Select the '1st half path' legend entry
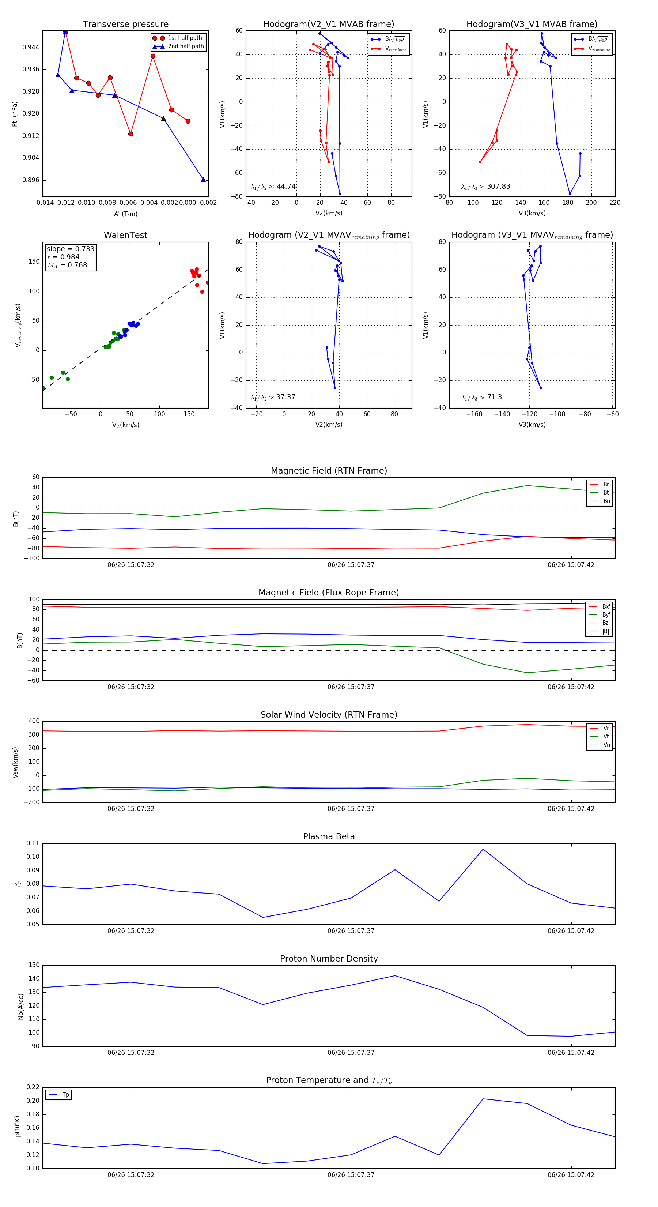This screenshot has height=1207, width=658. tap(185, 38)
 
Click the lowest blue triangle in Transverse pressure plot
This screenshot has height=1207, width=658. tap(203, 180)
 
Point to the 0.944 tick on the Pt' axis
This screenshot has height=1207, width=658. tap(31, 47)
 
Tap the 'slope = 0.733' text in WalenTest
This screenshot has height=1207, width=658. tap(70, 249)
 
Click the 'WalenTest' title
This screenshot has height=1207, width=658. tap(125, 235)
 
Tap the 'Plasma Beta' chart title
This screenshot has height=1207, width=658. tap(329, 836)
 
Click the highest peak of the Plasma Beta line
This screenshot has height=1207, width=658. tap(483, 849)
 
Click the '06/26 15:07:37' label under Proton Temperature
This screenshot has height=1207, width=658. tap(351, 1175)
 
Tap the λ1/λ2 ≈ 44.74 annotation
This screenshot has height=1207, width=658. tap(273, 187)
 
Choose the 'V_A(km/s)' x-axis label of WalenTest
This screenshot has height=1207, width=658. tap(125, 425)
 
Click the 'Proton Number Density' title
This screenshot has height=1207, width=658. tap(329, 958)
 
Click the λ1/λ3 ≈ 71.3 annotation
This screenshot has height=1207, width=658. tap(481, 397)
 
